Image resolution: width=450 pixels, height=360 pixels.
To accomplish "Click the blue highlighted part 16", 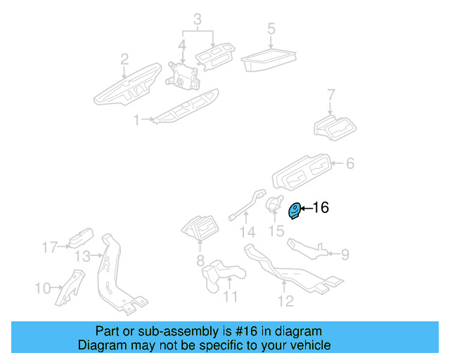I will pos(296,210).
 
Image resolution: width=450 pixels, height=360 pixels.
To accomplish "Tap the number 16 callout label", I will pos(320,207).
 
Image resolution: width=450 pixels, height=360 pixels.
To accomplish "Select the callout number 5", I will pos(271,29).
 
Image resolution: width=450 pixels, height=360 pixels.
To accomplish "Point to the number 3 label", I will pos(198,18).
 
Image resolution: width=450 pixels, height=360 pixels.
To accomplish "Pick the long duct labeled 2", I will pos(125,88).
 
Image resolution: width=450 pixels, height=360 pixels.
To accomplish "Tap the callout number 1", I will pos(137,120).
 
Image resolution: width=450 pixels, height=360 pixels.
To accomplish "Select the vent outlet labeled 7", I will pos(335,127).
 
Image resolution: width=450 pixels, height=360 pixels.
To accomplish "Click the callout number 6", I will pos(349,164).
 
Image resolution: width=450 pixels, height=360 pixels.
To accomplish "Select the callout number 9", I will pos(345,254).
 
